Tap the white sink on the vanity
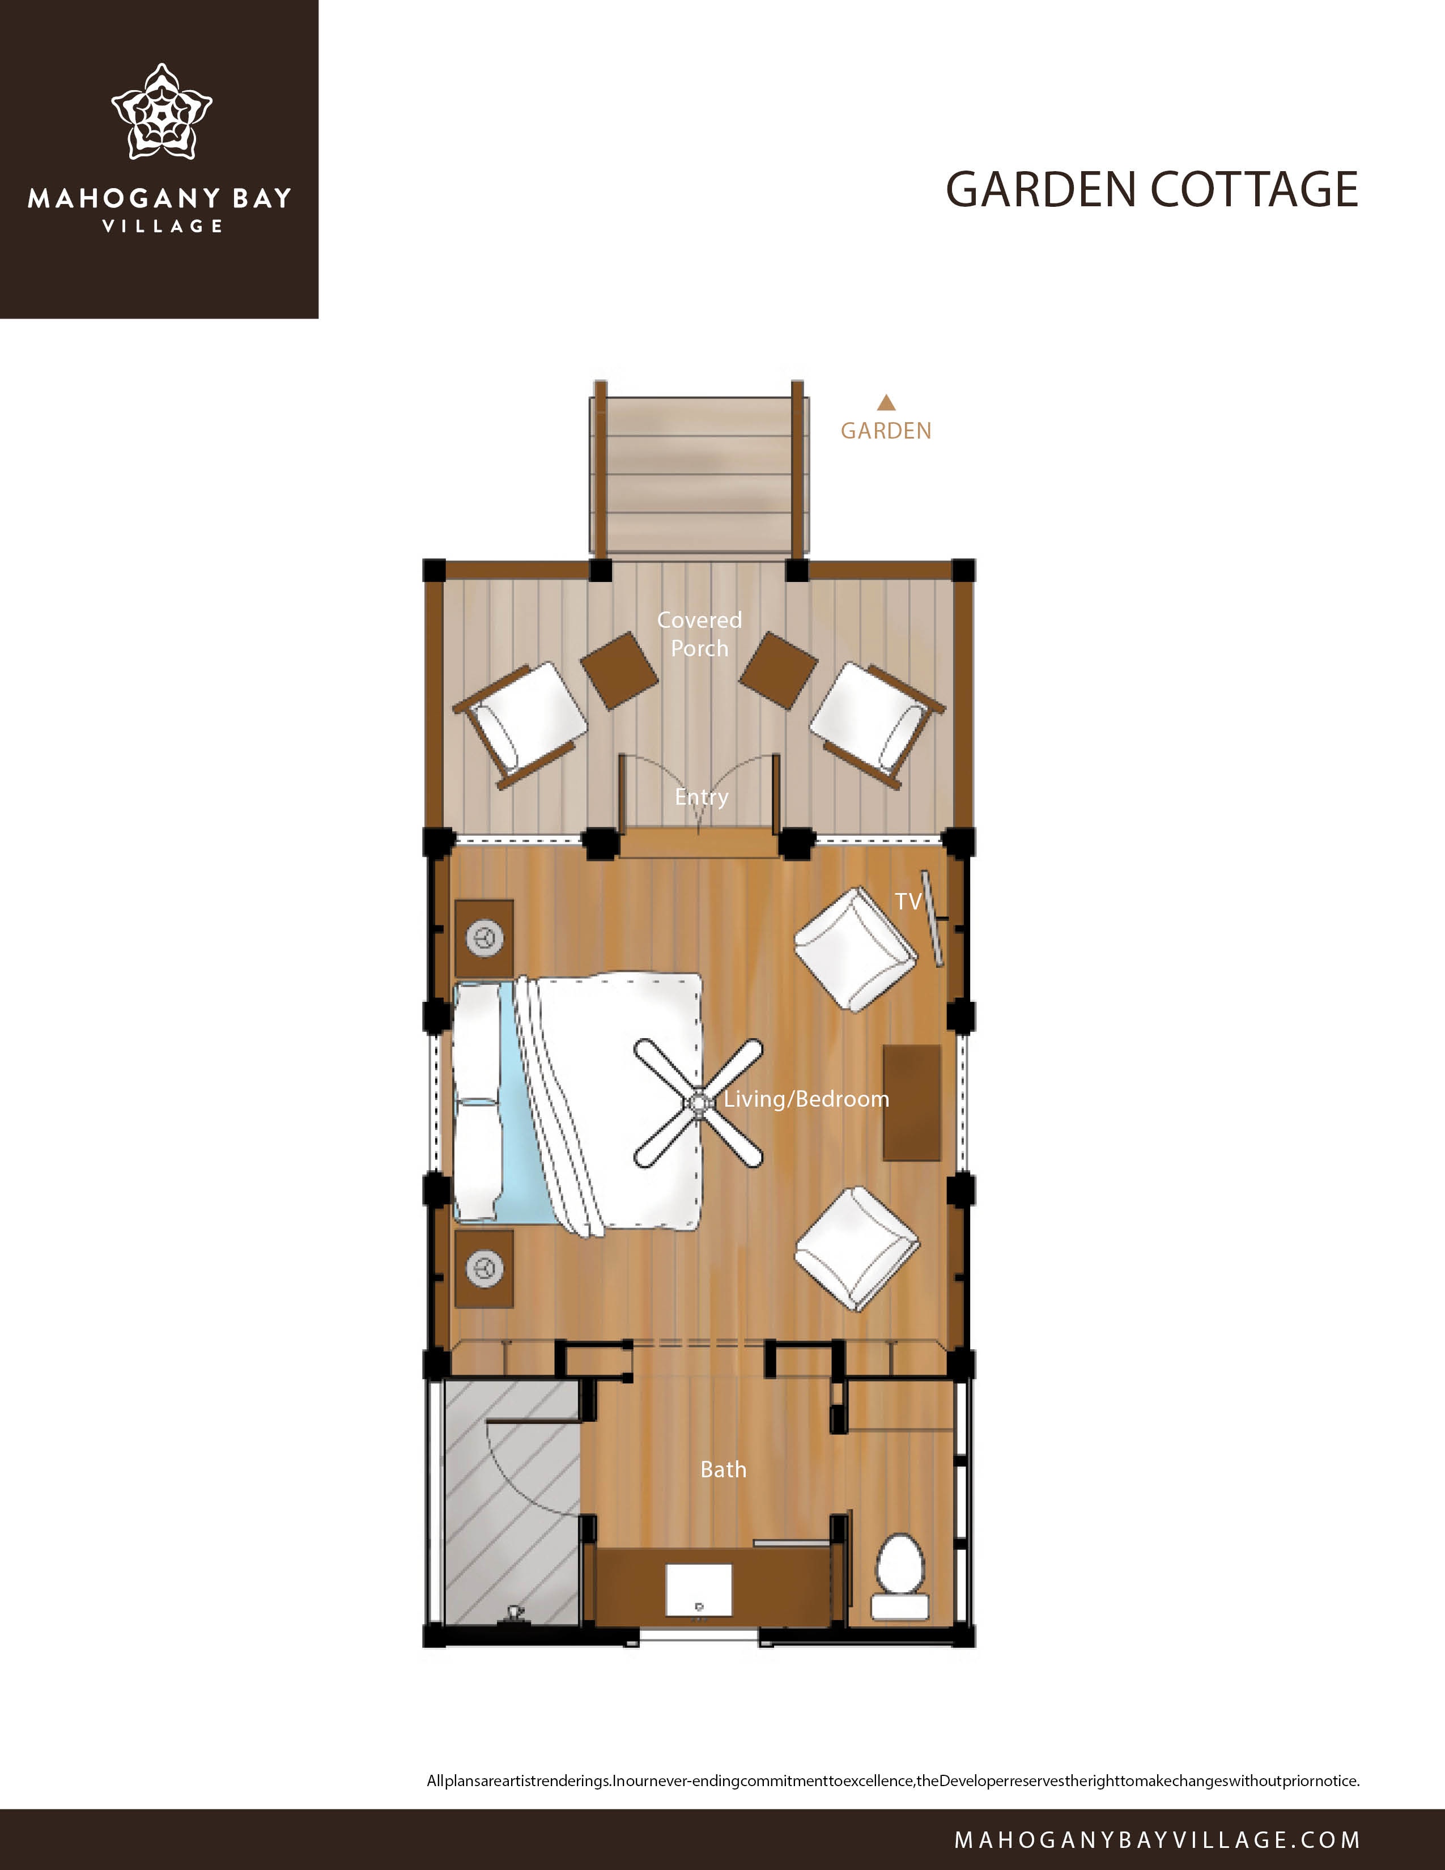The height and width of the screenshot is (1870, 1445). point(699,1591)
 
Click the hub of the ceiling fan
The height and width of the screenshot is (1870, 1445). point(699,1104)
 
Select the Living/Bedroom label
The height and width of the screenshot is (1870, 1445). point(806,1099)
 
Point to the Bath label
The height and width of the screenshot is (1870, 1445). point(724,1469)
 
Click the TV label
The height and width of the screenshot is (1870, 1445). point(908,901)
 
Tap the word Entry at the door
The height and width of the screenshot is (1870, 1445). point(701,797)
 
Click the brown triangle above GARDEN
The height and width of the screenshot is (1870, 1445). point(886,402)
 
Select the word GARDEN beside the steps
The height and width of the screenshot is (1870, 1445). point(886,431)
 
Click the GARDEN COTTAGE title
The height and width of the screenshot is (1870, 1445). point(1151,189)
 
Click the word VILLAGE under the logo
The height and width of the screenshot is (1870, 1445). point(162,226)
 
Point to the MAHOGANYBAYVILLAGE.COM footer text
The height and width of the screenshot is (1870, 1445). point(1157,1839)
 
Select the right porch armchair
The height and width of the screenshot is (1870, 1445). point(877,724)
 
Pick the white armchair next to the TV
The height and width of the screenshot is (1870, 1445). point(856,950)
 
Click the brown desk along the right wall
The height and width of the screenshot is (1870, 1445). point(912,1102)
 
